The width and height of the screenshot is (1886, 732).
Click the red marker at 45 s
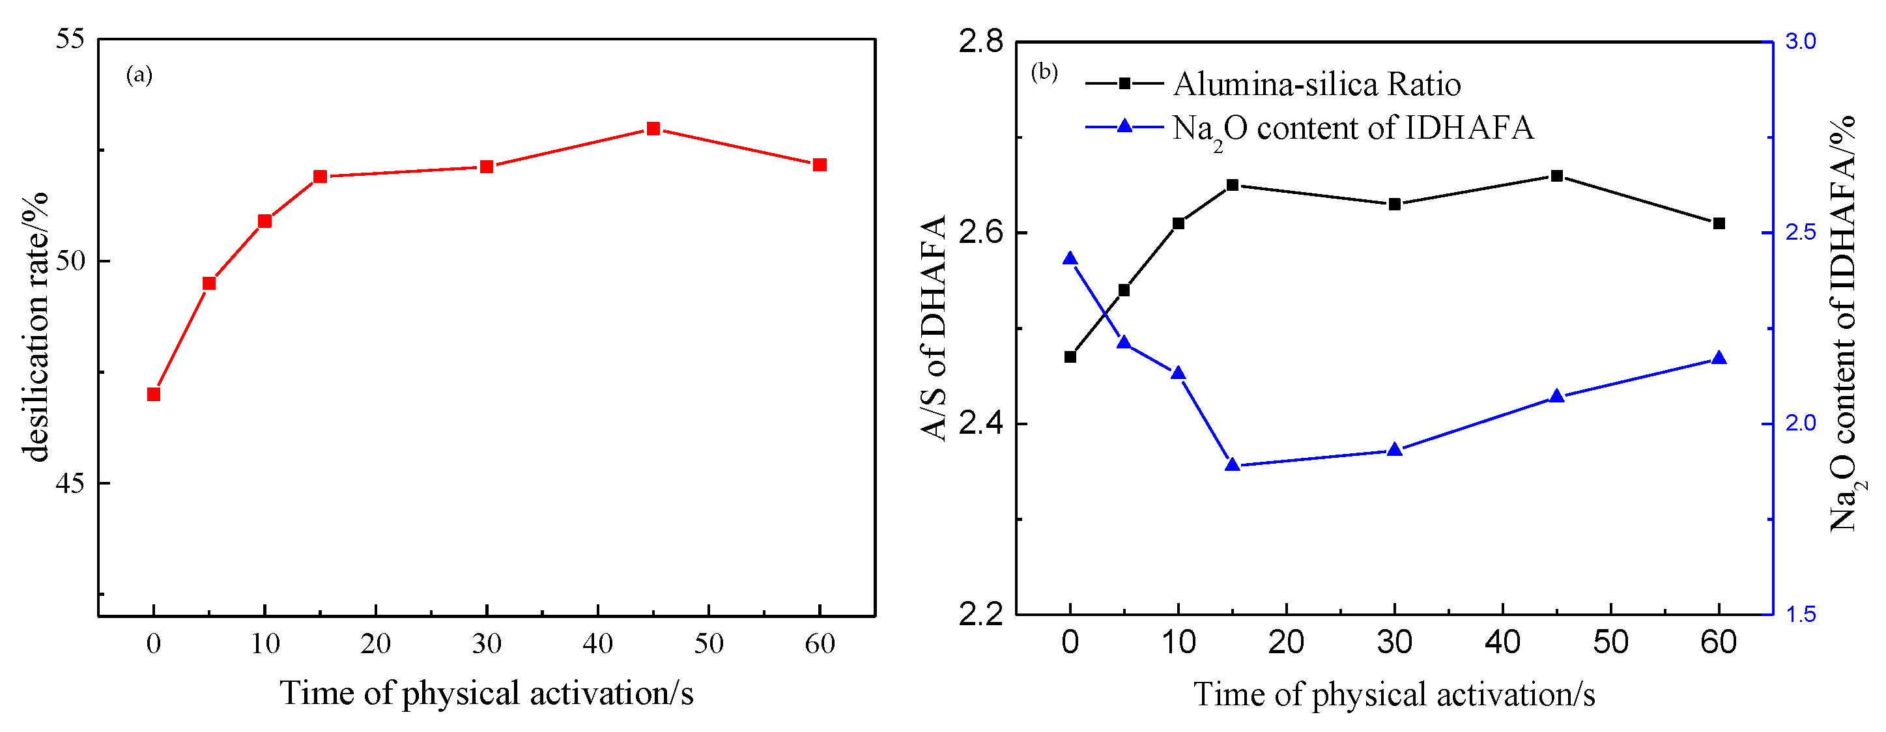653,129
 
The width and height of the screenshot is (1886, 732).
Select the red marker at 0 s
153,395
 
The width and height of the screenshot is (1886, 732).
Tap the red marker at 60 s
820,165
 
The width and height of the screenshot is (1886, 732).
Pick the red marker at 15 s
320,176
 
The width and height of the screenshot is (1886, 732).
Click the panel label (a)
139,75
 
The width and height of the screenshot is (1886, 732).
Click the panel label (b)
1044,72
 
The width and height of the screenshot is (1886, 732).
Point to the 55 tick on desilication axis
70,39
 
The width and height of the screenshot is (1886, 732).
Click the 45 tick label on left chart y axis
70,483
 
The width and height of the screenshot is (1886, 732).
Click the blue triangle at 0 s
1070,259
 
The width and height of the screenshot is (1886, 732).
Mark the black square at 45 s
1556,176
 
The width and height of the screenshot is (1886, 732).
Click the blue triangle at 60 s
1719,358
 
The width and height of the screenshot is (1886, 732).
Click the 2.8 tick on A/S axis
981,42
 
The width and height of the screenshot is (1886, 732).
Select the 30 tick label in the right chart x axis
1394,643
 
